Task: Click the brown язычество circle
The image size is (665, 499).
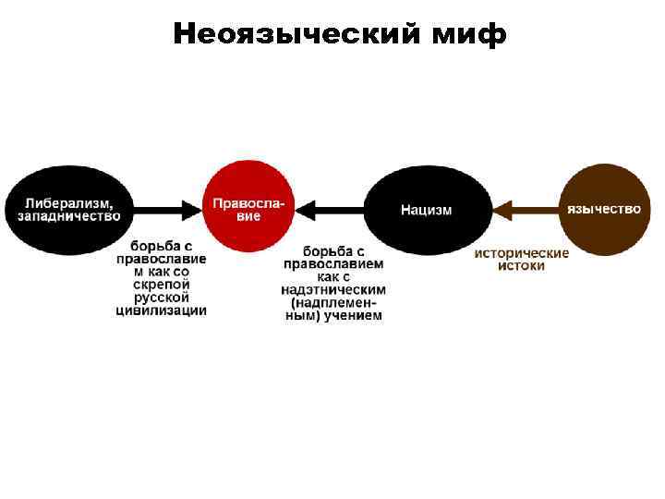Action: [x=603, y=209]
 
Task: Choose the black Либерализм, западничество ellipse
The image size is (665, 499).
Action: [x=69, y=209]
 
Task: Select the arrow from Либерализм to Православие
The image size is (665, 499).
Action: [x=166, y=210]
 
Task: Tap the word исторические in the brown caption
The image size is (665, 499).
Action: [x=522, y=252]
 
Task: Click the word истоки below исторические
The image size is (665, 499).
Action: [x=522, y=265]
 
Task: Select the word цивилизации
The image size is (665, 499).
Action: [x=161, y=311]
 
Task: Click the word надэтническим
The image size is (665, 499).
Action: [x=333, y=289]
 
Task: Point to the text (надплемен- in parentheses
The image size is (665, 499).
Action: [x=333, y=302]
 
